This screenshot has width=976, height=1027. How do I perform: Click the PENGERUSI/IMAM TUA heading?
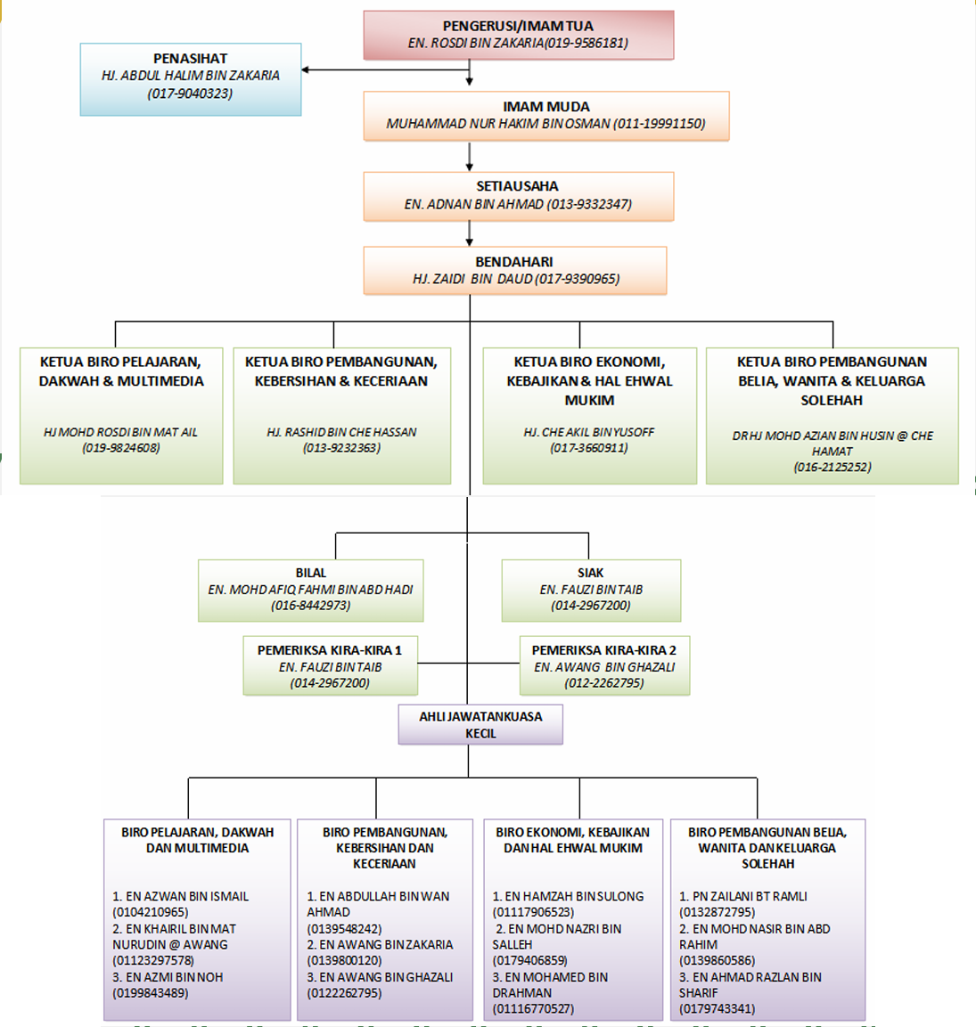518,26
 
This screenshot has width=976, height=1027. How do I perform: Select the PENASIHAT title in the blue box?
190,59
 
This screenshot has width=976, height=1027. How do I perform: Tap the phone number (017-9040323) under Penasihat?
190,94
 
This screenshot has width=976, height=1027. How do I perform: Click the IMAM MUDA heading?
546,107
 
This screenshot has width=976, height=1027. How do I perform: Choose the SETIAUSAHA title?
518,187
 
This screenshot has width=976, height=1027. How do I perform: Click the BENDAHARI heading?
514,262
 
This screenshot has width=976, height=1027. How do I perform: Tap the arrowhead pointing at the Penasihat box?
306,69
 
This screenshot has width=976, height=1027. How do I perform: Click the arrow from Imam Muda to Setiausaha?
470,157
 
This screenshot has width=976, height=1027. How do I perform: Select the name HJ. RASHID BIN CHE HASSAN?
341,432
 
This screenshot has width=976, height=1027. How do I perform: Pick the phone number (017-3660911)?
589,448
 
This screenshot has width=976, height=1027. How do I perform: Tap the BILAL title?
311,573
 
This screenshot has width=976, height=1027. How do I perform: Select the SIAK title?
591,573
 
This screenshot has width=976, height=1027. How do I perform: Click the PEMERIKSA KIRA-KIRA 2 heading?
603,650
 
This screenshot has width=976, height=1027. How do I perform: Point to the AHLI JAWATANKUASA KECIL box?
480,724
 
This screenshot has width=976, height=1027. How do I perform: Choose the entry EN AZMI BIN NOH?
168,977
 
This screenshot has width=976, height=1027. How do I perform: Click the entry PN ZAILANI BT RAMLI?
743,897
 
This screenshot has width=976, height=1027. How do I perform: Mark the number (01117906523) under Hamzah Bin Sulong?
533,912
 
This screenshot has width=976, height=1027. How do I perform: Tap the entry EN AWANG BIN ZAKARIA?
381,945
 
